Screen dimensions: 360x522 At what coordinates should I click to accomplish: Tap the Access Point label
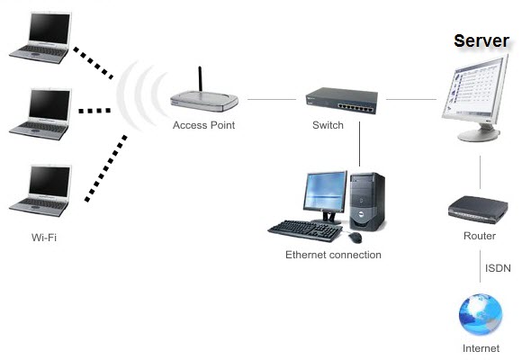pos(203,125)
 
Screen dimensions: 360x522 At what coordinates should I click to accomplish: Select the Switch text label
pos(328,125)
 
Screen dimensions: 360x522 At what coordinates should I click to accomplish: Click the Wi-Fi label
pos(44,238)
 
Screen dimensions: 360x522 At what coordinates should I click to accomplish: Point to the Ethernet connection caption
pos(333,255)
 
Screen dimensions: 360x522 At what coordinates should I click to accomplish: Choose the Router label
pos(479,236)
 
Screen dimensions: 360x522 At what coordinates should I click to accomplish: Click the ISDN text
pos(498,268)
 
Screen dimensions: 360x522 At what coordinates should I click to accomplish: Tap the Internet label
pos(480,347)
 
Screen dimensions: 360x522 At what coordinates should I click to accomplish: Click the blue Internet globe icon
pos(479,315)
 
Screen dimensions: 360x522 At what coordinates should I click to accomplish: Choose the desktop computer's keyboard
pos(307,230)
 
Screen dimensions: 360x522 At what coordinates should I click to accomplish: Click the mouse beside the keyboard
pos(355,237)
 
